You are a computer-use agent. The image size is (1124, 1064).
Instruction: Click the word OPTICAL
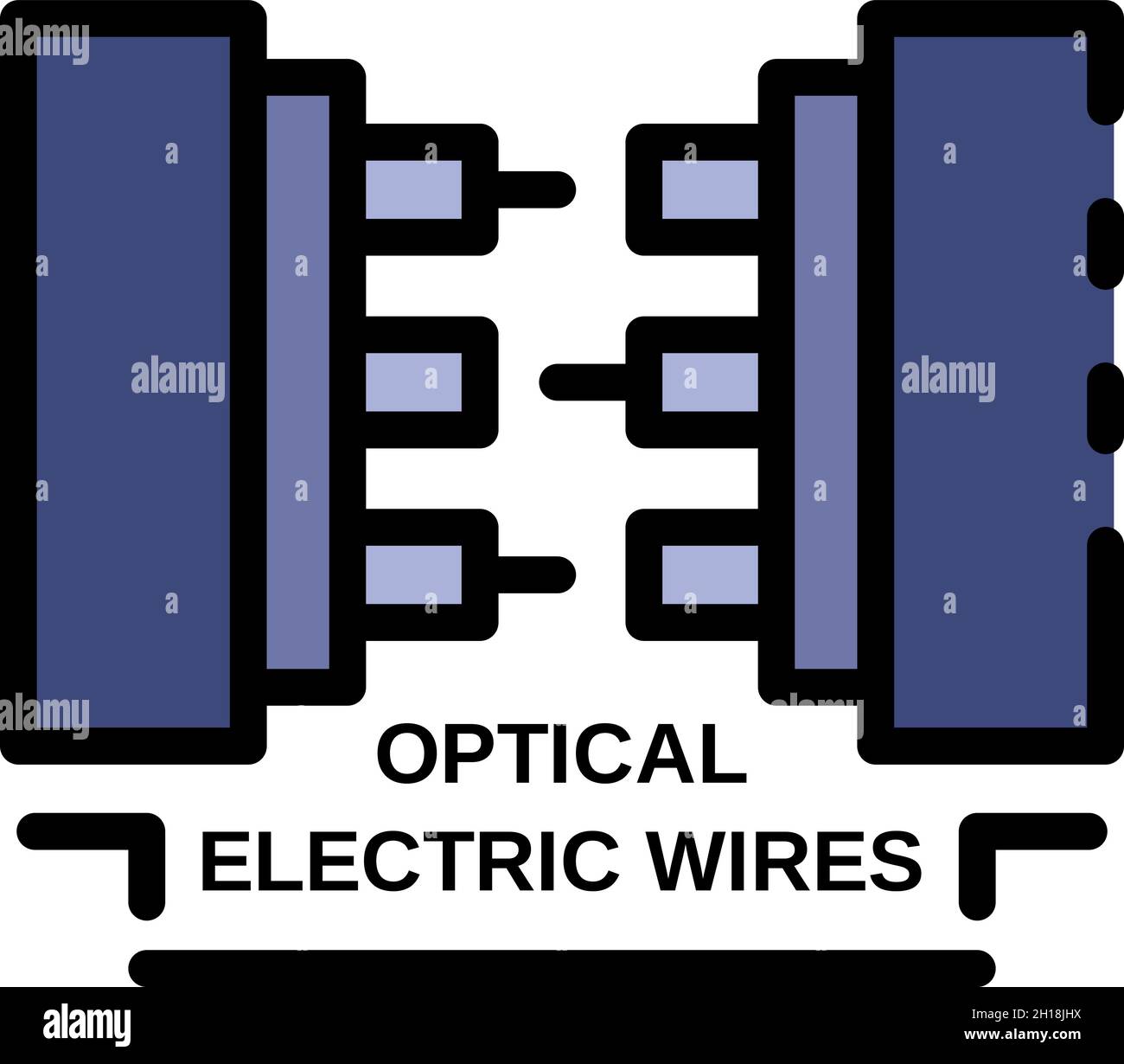point(562,754)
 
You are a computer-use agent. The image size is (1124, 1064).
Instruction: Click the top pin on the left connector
point(536,186)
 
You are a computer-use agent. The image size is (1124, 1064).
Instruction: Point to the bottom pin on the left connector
point(536,572)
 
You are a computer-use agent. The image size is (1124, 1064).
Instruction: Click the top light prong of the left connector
point(413,189)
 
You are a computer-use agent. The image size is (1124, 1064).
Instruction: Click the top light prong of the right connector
point(709,189)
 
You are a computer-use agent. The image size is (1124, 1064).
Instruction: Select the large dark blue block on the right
point(990,381)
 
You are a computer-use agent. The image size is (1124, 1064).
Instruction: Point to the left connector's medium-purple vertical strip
point(297,381)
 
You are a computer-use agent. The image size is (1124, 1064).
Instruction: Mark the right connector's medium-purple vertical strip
point(825,381)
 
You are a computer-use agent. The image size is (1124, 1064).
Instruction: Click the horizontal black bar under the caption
point(562,967)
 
